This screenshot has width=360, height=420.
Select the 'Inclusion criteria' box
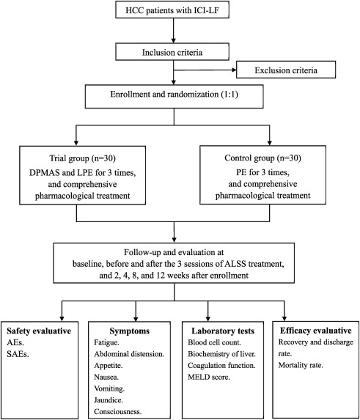172,52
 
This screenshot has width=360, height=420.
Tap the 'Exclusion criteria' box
286,70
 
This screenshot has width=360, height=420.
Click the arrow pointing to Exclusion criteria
205,70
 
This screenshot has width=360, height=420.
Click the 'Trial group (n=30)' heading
82,158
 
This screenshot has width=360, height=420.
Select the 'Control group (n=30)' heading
262,158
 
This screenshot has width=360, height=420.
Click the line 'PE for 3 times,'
262,172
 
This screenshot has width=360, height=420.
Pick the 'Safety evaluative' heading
39,331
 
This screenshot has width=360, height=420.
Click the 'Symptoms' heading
129,331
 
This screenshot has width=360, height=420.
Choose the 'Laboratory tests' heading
223,331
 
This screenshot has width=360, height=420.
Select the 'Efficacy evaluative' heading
316,331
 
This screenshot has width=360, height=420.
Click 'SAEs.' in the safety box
18,354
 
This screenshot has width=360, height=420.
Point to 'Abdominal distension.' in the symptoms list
129,354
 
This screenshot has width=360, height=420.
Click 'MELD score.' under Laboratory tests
209,377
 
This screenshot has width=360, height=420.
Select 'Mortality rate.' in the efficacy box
301,365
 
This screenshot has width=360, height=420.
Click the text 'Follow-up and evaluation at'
174,252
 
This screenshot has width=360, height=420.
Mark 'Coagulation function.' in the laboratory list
221,366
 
